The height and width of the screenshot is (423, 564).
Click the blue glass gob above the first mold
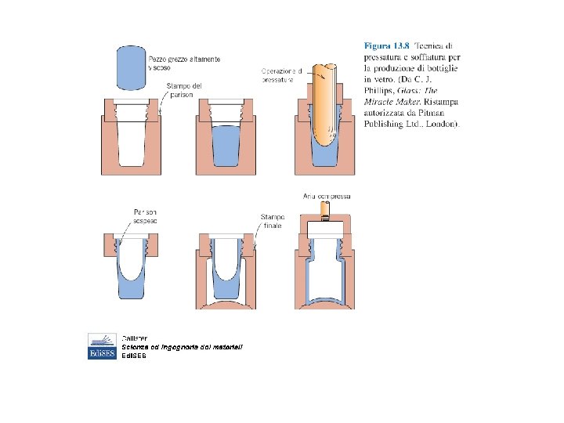tap(131, 67)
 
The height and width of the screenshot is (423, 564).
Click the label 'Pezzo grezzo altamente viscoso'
tap(184, 63)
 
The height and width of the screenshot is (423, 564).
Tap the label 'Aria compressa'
tap(327, 196)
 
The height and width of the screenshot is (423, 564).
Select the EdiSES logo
tap(102, 346)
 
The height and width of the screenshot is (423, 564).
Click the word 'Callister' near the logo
tap(135, 337)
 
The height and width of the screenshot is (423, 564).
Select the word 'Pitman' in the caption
tap(434, 112)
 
